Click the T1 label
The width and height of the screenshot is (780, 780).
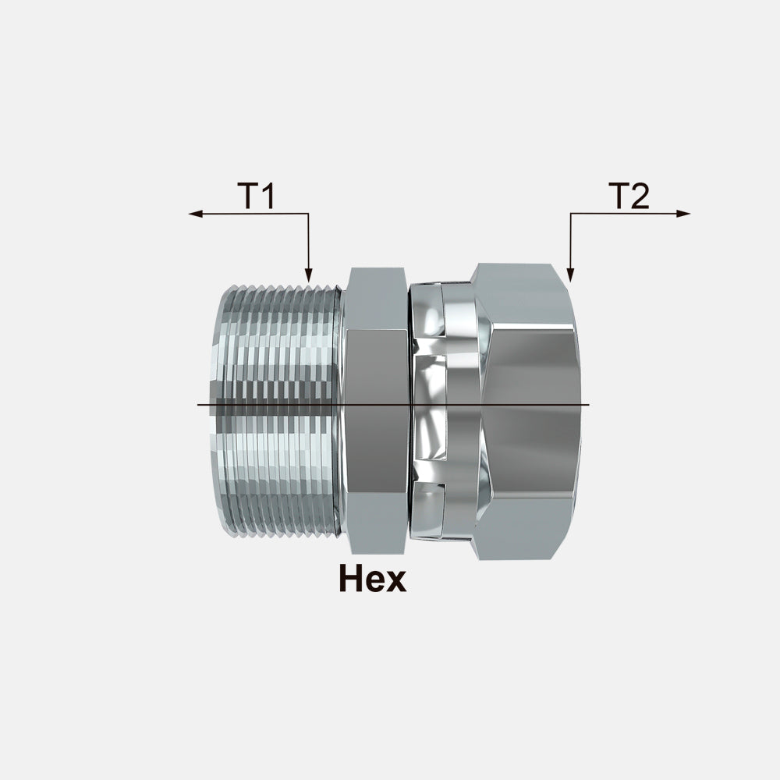click(256, 197)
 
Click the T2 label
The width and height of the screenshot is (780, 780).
click(629, 197)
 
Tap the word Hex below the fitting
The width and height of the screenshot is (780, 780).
click(371, 579)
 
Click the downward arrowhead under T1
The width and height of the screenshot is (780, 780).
click(309, 274)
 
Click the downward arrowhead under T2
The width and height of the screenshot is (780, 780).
click(570, 274)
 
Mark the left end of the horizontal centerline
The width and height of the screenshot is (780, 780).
click(199, 406)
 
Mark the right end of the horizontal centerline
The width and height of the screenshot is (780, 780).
click(589, 406)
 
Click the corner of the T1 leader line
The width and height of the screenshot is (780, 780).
click(309, 214)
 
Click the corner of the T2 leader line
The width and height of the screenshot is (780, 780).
click(570, 214)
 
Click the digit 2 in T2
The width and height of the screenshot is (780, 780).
click(639, 197)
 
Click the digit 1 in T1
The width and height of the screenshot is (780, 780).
click(267, 197)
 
